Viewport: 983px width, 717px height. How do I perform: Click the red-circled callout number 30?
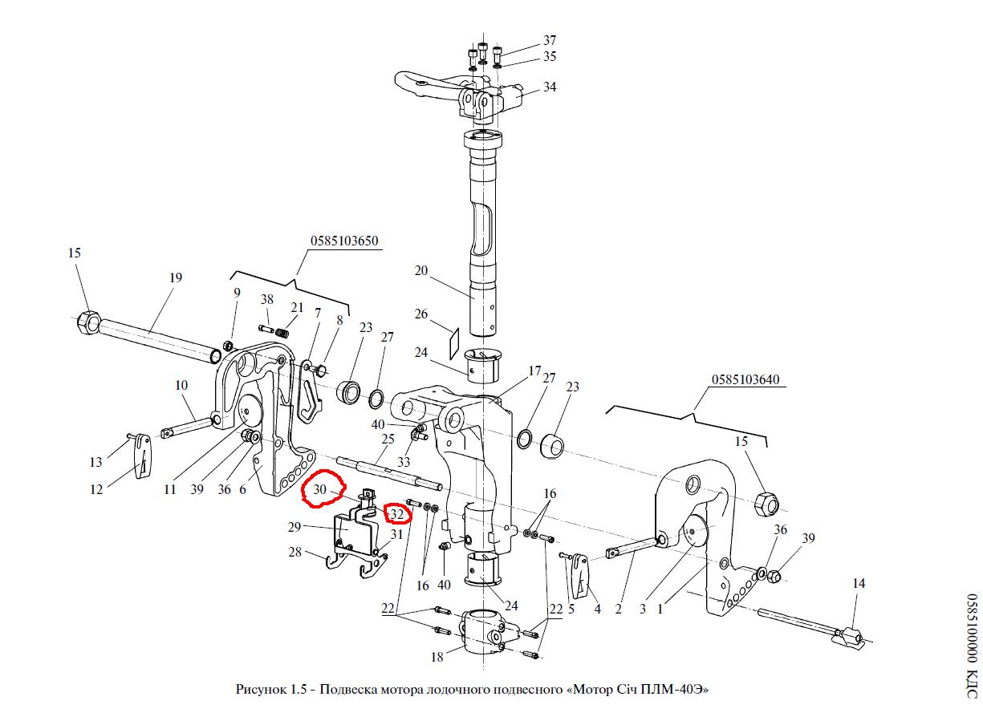pos(319,488)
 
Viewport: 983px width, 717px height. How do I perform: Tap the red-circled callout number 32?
pos(397,514)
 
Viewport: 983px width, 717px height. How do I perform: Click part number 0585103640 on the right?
pos(744,379)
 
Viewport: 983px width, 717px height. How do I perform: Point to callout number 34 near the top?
pos(549,87)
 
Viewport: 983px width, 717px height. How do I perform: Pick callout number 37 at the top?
pos(549,40)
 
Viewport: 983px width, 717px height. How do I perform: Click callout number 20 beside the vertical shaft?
pos(421,270)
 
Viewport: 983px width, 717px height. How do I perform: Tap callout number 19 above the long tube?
pos(176,277)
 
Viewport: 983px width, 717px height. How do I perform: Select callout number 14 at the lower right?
pos(859,583)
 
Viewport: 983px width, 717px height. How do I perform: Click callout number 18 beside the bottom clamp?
pos(437,658)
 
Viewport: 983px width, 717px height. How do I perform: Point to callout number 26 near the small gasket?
pos(421,314)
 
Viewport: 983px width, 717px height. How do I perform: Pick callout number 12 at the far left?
pos(96,489)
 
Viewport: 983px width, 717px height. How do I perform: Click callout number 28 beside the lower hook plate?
pos(294,552)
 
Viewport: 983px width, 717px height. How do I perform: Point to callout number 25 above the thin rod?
pos(388,439)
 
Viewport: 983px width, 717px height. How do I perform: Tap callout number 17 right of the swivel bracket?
pos(535,371)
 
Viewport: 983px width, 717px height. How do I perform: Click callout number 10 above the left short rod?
pos(181,385)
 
